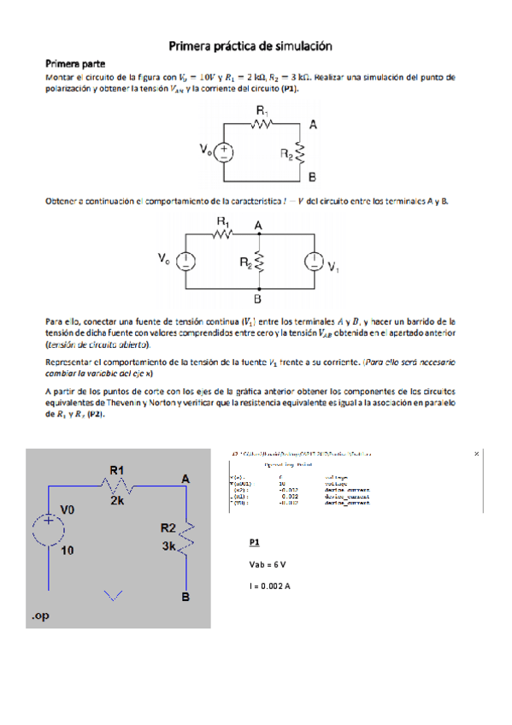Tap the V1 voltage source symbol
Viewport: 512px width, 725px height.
(314, 262)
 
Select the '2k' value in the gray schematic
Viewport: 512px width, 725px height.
(118, 503)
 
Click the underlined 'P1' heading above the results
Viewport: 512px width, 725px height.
(255, 543)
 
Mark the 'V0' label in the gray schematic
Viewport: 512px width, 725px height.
(68, 508)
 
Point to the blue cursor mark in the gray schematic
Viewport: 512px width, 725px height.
(112, 596)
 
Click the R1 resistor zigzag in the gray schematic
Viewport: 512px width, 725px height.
(117, 485)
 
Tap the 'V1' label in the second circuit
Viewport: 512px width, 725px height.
(334, 266)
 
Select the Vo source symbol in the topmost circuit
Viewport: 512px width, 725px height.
(225, 151)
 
